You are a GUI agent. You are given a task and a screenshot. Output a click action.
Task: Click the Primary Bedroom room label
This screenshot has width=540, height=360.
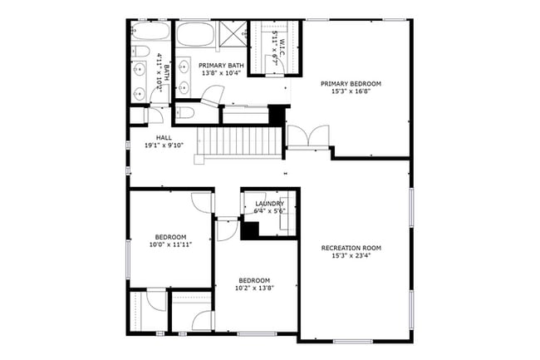pos(356,84)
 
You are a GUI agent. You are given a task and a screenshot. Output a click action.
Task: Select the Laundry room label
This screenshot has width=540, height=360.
pos(270,204)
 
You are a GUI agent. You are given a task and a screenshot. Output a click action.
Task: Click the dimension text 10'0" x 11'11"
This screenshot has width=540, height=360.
pos(170,245)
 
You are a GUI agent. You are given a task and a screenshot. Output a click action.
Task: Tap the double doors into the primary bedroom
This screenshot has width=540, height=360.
pos(307,135)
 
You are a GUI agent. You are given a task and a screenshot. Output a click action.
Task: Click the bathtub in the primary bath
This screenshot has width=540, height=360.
pos(195,36)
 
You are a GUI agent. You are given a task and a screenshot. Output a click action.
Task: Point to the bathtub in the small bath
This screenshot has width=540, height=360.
pos(150,33)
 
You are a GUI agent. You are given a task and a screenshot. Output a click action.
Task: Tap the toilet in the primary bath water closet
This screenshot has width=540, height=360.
pos(184,111)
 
